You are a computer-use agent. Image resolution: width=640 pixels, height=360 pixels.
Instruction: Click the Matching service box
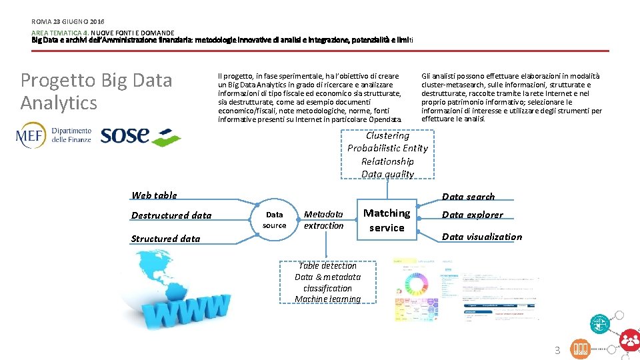click(x=387, y=220)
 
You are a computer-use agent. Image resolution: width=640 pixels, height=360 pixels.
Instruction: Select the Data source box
click(x=274, y=220)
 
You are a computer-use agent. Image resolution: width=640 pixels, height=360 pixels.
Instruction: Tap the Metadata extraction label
click(x=323, y=220)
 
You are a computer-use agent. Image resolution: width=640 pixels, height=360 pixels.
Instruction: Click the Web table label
click(x=154, y=195)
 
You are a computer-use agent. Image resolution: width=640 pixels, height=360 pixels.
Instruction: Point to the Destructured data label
click(x=171, y=215)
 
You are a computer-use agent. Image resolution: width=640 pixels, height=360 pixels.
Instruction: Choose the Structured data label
click(x=165, y=239)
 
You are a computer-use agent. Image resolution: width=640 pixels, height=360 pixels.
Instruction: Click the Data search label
click(x=468, y=197)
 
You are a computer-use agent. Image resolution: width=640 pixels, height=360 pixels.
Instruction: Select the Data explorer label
click(x=472, y=215)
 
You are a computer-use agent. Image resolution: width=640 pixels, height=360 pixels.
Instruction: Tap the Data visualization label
click(x=481, y=237)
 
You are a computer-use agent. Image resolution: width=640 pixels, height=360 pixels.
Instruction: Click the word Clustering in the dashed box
click(x=387, y=135)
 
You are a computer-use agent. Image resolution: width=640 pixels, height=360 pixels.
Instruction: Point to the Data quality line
click(x=387, y=174)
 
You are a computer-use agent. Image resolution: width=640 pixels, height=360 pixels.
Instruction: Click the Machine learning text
click(x=327, y=299)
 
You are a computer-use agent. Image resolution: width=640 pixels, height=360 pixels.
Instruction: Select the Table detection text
click(x=327, y=265)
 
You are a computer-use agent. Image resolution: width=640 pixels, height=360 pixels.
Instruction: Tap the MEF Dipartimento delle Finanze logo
click(x=53, y=135)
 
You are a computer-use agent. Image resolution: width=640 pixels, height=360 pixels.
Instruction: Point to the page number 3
click(x=558, y=351)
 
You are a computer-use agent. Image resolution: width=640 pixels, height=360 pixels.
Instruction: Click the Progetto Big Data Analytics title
click(x=96, y=91)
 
